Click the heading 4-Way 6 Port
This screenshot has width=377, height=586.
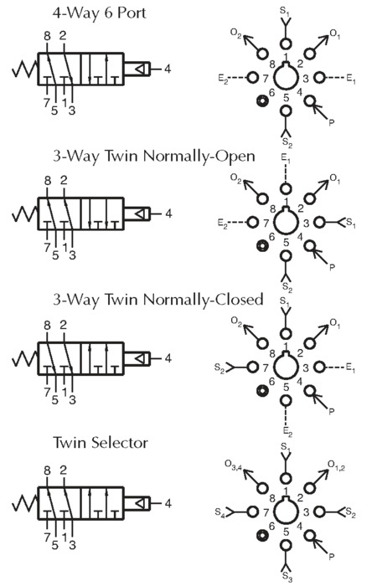(99, 13)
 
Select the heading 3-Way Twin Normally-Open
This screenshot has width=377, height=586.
(154, 157)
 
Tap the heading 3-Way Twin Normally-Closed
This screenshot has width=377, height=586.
(158, 300)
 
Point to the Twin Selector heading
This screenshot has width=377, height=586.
(101, 443)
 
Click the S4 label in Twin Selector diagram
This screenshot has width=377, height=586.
(219, 512)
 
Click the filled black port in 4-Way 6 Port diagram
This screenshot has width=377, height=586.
(261, 101)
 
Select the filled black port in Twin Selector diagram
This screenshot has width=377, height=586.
(261, 536)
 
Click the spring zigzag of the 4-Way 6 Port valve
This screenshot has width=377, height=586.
(24, 69)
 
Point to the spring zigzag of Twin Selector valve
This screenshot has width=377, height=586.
(24, 503)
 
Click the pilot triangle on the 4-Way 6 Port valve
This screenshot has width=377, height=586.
(140, 69)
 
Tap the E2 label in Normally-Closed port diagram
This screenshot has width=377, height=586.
(287, 432)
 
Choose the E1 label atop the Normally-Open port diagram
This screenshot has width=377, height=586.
(286, 160)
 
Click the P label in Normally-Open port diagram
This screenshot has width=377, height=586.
(332, 267)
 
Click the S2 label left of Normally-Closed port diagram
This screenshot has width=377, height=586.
(219, 368)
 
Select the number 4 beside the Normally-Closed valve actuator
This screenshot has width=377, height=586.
(168, 358)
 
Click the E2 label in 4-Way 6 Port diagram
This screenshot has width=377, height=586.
(223, 79)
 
